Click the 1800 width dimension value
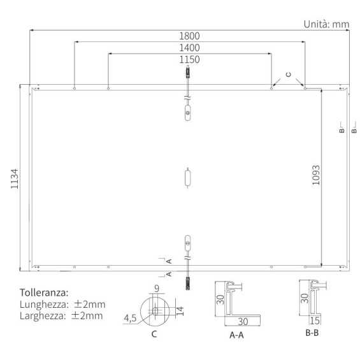(x=190, y=36)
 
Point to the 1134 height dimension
(x=15, y=178)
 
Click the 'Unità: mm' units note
(x=326, y=24)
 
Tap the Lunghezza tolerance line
(x=61, y=305)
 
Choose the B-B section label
(x=312, y=333)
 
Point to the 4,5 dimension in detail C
(x=132, y=317)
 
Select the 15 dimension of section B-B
(x=314, y=320)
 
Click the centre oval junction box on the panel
(x=187, y=177)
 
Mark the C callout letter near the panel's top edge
(x=287, y=75)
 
